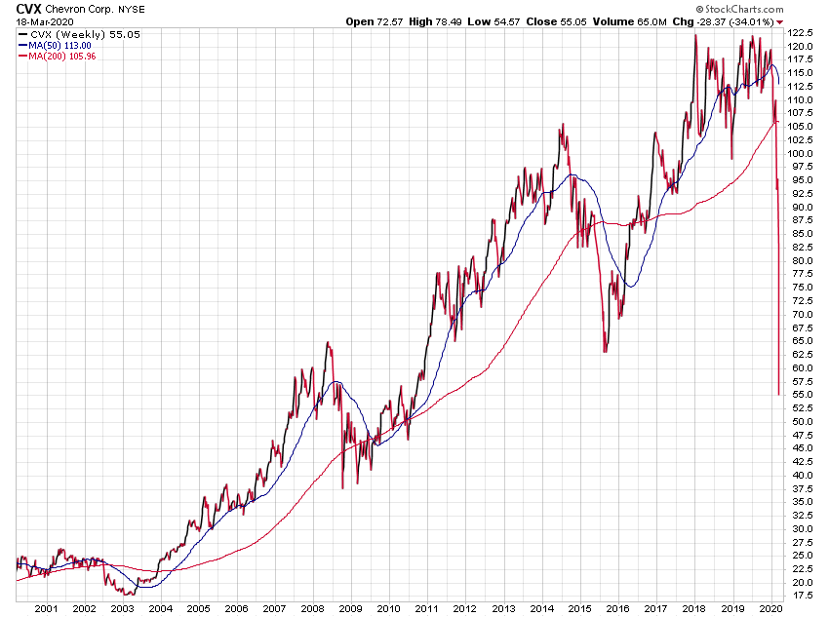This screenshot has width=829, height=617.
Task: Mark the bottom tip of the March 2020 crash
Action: (778, 395)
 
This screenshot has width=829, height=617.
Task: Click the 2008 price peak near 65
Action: (328, 342)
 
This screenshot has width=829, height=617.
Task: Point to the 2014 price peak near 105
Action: (562, 125)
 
